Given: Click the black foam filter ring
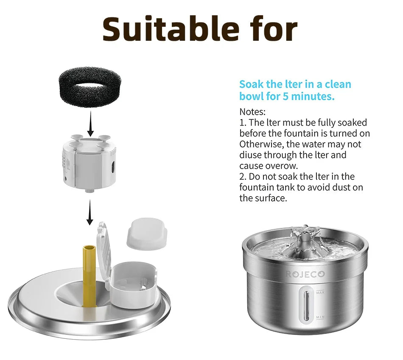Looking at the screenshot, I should pos(90,89).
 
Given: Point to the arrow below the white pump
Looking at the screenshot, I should pos(90,213).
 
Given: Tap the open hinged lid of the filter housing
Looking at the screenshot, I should pos(103,250).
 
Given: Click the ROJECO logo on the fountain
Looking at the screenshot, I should pos(305,274).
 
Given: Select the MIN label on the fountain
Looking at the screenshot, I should pos(320,317).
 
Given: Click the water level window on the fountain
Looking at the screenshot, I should pos(305,305).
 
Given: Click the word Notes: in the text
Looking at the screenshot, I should pos(252,112).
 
